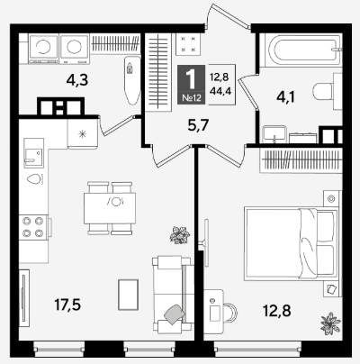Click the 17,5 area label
[67, 305]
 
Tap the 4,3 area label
[77, 80]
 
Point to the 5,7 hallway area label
[198, 125]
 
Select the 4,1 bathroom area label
[286, 97]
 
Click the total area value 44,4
[220, 90]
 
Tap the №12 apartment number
[192, 98]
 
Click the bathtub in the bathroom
[301, 50]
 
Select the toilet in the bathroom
[328, 90]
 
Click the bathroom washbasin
[274, 134]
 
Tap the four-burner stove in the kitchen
[33, 227]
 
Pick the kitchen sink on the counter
[34, 153]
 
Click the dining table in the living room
[110, 208]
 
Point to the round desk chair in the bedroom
[230, 314]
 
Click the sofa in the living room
[173, 294]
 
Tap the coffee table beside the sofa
[129, 295]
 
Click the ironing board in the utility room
[131, 80]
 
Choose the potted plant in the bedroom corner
[330, 323]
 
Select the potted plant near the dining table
[180, 234]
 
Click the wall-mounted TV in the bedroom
[206, 242]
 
